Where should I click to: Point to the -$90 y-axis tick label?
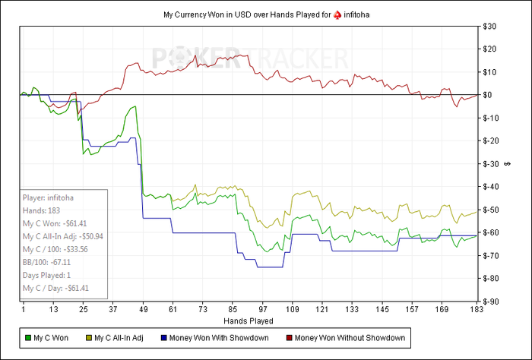(x=491, y=302)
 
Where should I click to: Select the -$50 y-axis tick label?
(x=491, y=210)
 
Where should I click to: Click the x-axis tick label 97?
(x=263, y=310)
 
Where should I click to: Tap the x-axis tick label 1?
(x=24, y=310)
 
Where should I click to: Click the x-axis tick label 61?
(x=173, y=310)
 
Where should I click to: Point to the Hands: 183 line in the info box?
(x=44, y=210)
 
